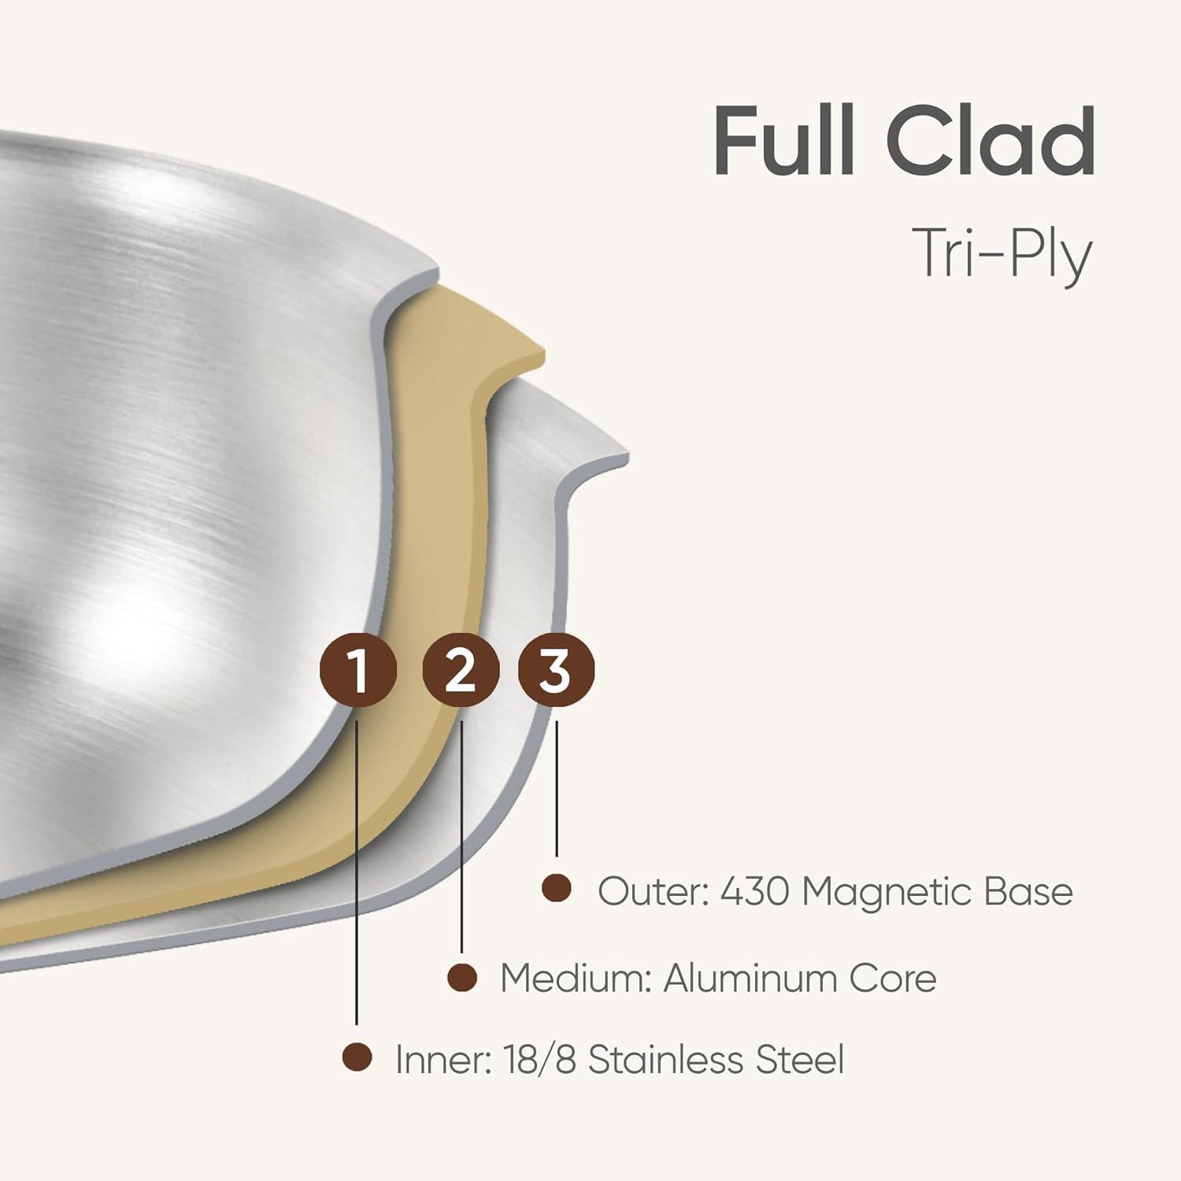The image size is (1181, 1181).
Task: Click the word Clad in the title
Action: tap(990, 142)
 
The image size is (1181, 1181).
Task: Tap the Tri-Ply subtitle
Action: tap(1001, 254)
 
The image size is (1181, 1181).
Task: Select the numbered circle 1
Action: tap(357, 671)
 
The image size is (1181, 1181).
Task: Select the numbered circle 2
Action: tap(461, 671)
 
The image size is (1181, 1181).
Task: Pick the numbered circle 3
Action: tap(556, 671)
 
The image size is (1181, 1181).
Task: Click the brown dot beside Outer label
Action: tap(557, 888)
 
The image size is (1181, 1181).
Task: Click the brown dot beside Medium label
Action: tap(462, 977)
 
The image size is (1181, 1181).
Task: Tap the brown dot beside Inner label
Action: tap(357, 1057)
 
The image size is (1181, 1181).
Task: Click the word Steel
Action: tap(799, 1059)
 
